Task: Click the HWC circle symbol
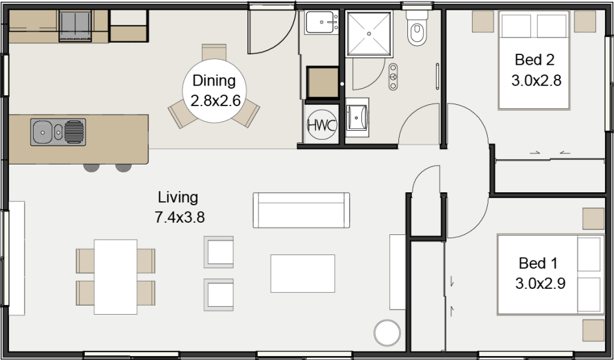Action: click(321, 125)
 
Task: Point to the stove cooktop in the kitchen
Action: click(76, 27)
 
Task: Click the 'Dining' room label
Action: click(214, 82)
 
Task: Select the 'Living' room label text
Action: click(178, 197)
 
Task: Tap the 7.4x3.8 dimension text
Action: click(179, 218)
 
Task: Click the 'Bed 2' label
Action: click(534, 60)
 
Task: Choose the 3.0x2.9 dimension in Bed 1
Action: click(538, 284)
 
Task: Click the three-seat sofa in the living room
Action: click(301, 210)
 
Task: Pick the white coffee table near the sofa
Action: click(302, 273)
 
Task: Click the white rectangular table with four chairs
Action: click(115, 276)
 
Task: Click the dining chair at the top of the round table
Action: click(214, 52)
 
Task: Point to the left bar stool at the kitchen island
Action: click(92, 167)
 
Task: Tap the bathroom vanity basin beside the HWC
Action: click(357, 118)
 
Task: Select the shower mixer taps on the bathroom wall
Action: click(392, 76)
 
